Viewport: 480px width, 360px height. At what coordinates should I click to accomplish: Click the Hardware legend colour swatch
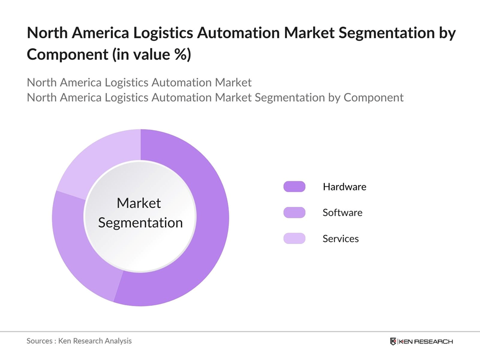[x=294, y=187]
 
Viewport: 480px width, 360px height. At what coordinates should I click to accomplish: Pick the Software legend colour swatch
[x=294, y=212]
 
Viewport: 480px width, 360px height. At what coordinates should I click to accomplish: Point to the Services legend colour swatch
[x=294, y=238]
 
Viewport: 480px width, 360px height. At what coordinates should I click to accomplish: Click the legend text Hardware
[x=344, y=187]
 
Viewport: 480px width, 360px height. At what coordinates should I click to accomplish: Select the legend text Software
[x=342, y=212]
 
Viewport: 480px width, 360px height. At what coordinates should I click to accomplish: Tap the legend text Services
[x=341, y=238]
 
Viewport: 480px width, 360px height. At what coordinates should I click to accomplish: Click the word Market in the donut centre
[x=139, y=203]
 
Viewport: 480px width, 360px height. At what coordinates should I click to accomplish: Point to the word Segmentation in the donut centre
[x=140, y=223]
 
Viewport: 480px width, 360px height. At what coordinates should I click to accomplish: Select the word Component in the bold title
[x=64, y=54]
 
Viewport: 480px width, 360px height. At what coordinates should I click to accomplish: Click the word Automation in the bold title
[x=241, y=34]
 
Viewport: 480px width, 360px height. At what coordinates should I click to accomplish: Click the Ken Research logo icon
[x=393, y=341]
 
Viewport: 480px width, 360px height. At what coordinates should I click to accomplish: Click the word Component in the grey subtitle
[x=373, y=97]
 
